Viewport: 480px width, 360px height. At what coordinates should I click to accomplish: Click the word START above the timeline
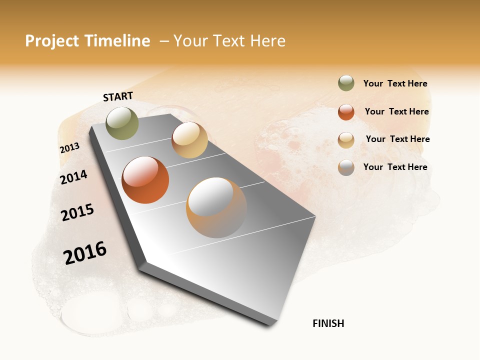(x=118, y=96)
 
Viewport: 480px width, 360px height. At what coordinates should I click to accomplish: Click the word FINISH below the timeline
(x=328, y=323)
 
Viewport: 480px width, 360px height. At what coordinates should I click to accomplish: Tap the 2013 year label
(x=69, y=148)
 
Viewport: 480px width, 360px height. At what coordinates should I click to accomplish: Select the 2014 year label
(x=73, y=177)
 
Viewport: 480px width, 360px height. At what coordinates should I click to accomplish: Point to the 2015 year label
(x=77, y=212)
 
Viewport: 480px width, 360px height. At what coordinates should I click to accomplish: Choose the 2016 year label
(x=85, y=253)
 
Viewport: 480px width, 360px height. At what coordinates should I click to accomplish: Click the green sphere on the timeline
(x=122, y=123)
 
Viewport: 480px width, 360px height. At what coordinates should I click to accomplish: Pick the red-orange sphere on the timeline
(x=145, y=180)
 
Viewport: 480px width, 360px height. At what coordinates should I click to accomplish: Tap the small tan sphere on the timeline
(x=189, y=140)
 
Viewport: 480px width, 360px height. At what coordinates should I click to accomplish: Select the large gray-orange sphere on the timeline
(x=216, y=207)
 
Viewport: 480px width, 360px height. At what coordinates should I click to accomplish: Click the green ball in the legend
(x=346, y=83)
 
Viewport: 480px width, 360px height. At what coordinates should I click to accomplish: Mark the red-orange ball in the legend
(x=346, y=112)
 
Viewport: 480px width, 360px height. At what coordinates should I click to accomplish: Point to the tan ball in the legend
(x=346, y=140)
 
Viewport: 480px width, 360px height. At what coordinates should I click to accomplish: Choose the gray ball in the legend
(x=346, y=167)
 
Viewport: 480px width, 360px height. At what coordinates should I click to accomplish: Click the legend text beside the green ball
(x=395, y=83)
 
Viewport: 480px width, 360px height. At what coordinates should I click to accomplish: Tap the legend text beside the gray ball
(x=395, y=167)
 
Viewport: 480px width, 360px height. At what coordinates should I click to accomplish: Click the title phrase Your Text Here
(x=229, y=41)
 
